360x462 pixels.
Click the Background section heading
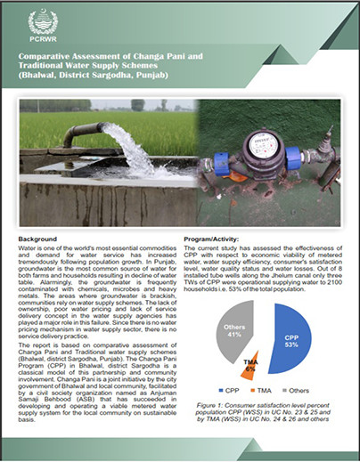click(x=37, y=239)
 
